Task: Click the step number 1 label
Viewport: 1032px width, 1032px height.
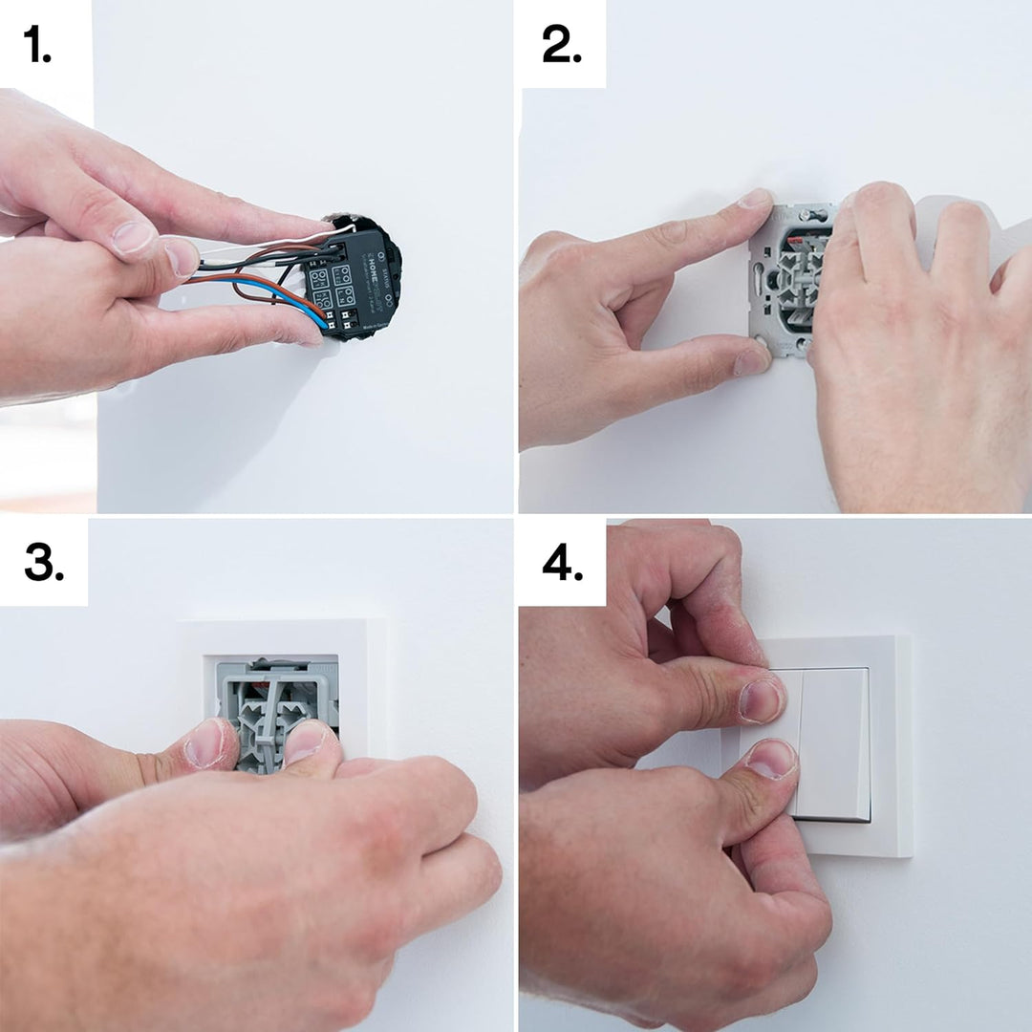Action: click(38, 46)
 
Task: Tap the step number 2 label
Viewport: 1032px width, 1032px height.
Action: click(562, 46)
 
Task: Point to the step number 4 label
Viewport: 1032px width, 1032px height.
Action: click(563, 564)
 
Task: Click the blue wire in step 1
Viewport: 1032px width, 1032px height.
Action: click(277, 292)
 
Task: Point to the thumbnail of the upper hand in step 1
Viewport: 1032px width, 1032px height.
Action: click(133, 238)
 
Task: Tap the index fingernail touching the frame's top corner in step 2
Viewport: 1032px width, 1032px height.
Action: click(755, 200)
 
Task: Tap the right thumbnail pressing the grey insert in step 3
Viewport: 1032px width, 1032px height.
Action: click(304, 742)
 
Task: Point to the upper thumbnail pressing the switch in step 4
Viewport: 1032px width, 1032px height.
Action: click(760, 700)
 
